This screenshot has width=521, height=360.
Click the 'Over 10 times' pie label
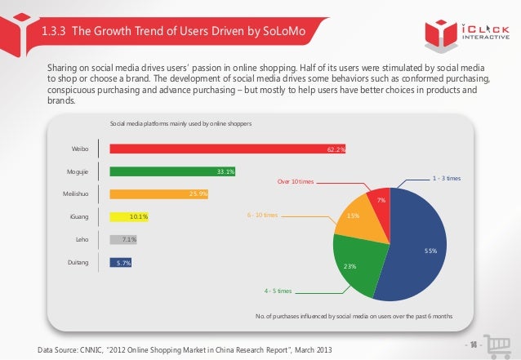[x=296, y=182]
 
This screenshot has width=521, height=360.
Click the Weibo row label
[x=78, y=149]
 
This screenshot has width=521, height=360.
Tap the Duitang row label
[x=78, y=263]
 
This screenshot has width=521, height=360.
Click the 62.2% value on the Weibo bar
[x=336, y=149]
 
